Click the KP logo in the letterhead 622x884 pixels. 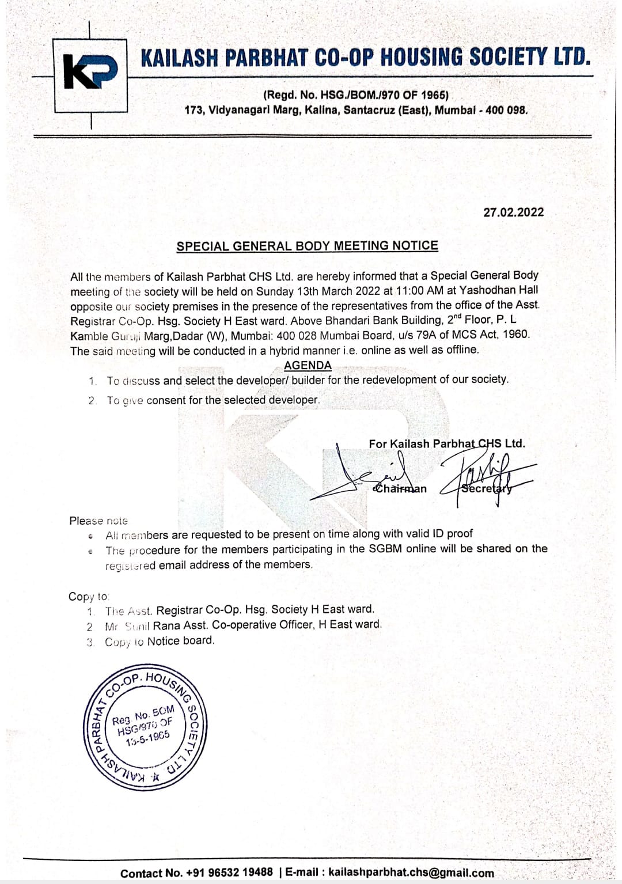point(90,74)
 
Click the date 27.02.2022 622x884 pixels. point(513,212)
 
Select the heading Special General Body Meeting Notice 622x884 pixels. point(307,246)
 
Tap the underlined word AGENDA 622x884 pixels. point(308,365)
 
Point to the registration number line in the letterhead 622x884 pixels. point(355,95)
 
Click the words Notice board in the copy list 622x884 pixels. point(180,640)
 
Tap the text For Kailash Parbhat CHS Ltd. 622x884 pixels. point(446,443)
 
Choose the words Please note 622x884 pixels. point(98,521)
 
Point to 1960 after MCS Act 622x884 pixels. point(515,334)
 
